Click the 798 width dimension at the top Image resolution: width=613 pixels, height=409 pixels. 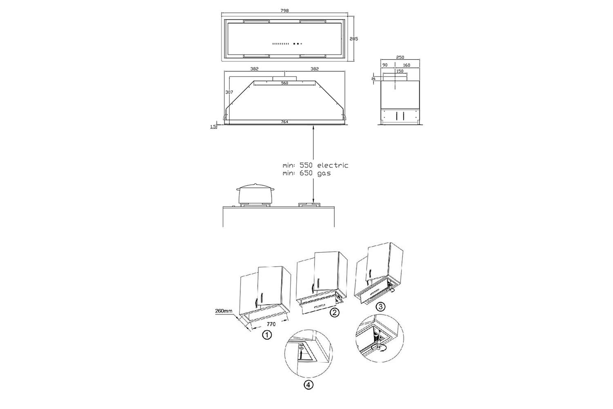point(284,11)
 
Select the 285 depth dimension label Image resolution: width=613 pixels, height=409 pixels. point(353,39)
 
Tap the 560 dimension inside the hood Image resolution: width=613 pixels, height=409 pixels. point(284,83)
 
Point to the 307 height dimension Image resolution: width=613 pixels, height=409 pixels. point(229,92)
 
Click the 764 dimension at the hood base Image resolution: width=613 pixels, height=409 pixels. point(284,121)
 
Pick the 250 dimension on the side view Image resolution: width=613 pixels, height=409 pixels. point(400,57)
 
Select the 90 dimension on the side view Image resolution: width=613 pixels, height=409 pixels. point(385,65)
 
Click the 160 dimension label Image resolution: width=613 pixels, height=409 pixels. point(407,65)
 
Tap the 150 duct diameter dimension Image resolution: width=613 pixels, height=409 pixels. point(400,71)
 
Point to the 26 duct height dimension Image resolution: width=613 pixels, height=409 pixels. point(374,79)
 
